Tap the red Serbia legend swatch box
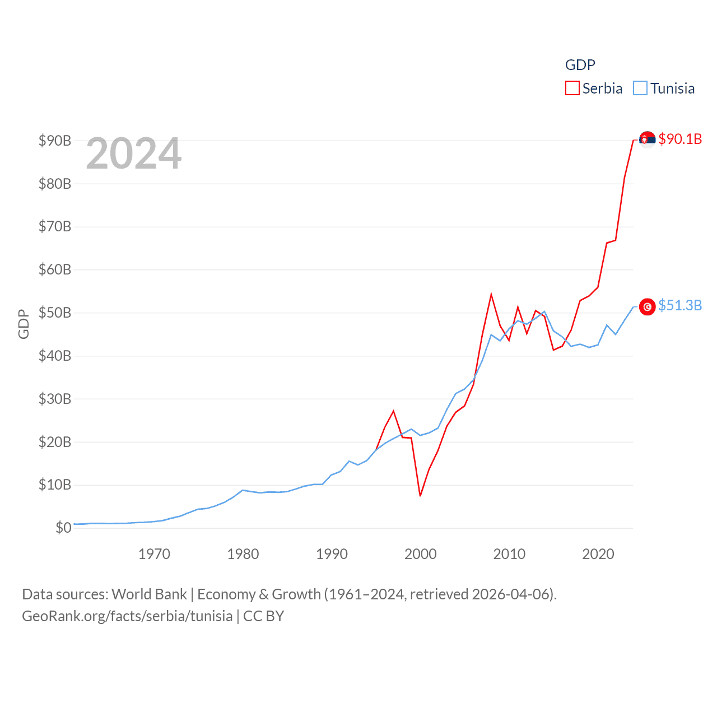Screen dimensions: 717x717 click(x=572, y=89)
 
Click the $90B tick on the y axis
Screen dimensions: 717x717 click(x=55, y=141)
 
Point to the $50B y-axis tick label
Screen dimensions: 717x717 click(x=55, y=313)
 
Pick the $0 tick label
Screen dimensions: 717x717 click(x=63, y=528)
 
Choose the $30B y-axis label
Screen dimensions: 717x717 click(x=55, y=399)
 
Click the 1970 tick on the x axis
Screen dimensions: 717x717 click(x=154, y=554)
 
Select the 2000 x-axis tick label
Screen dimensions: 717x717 click(x=421, y=554)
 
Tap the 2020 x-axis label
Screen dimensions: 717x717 click(x=598, y=554)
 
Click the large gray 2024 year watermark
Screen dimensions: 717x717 click(x=134, y=153)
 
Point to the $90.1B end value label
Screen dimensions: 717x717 click(x=680, y=139)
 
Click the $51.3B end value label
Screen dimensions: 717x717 click(x=680, y=305)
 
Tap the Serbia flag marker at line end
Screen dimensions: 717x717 click(x=647, y=139)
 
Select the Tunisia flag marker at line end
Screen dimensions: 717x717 click(x=647, y=306)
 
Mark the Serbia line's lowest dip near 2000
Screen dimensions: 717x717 click(x=420, y=495)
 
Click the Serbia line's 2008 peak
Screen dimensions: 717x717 click(x=491, y=295)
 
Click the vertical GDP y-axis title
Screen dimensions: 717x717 click(x=24, y=324)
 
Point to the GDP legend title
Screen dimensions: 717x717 click(x=580, y=65)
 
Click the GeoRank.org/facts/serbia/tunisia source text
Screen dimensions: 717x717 click(x=127, y=616)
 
